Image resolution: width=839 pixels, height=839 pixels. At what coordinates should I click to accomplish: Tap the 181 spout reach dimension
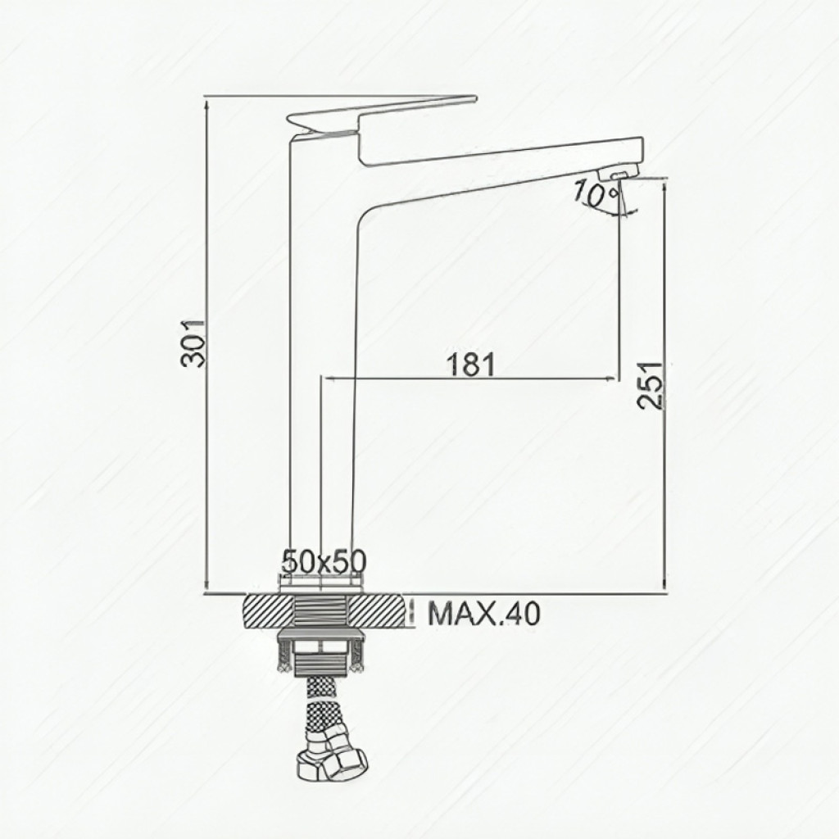pyautogui.click(x=470, y=365)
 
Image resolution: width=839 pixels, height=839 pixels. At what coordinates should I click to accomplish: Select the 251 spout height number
pyautogui.click(x=651, y=386)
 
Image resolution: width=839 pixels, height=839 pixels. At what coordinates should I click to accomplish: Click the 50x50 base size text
pyautogui.click(x=324, y=561)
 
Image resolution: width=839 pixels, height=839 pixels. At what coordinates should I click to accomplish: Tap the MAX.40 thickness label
pyautogui.click(x=484, y=615)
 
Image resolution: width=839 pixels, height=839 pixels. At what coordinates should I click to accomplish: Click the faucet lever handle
pyautogui.click(x=381, y=113)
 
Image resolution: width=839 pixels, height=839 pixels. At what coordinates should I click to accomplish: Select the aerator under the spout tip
pyautogui.click(x=619, y=174)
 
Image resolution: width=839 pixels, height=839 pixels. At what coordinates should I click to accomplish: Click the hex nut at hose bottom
pyautogui.click(x=332, y=760)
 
